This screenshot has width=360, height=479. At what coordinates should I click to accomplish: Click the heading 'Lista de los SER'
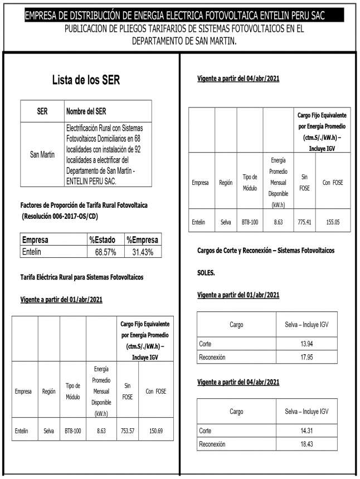click(x=86, y=80)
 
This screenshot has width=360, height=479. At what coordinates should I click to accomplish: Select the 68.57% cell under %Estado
click(x=105, y=252)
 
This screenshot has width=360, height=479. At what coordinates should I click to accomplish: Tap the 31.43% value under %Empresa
click(x=142, y=252)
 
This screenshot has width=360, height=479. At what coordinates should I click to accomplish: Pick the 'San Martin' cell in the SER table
click(x=42, y=154)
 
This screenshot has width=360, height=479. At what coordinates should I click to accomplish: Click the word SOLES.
click(x=207, y=274)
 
